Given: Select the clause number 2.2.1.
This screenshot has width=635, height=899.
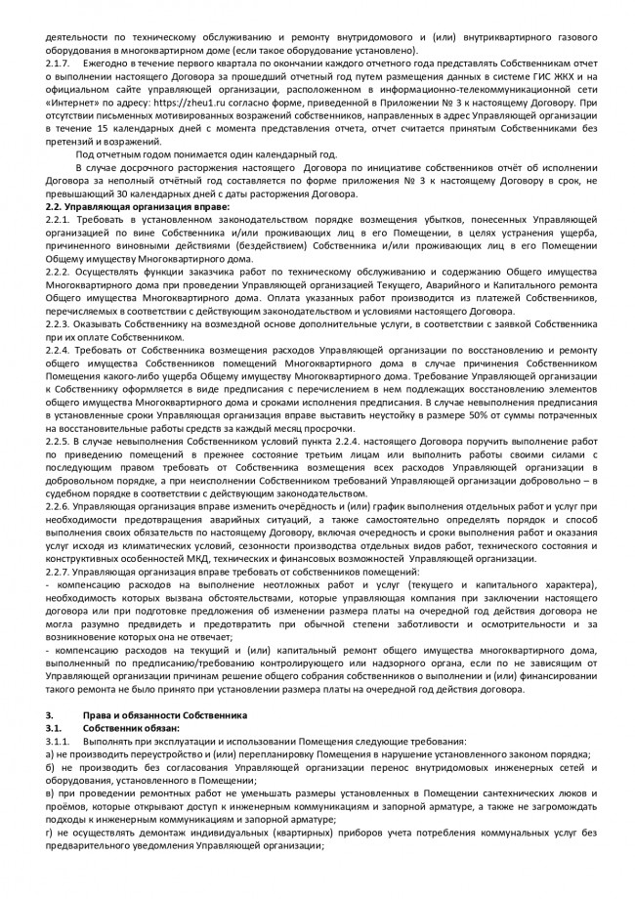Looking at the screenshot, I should click(61, 220).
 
